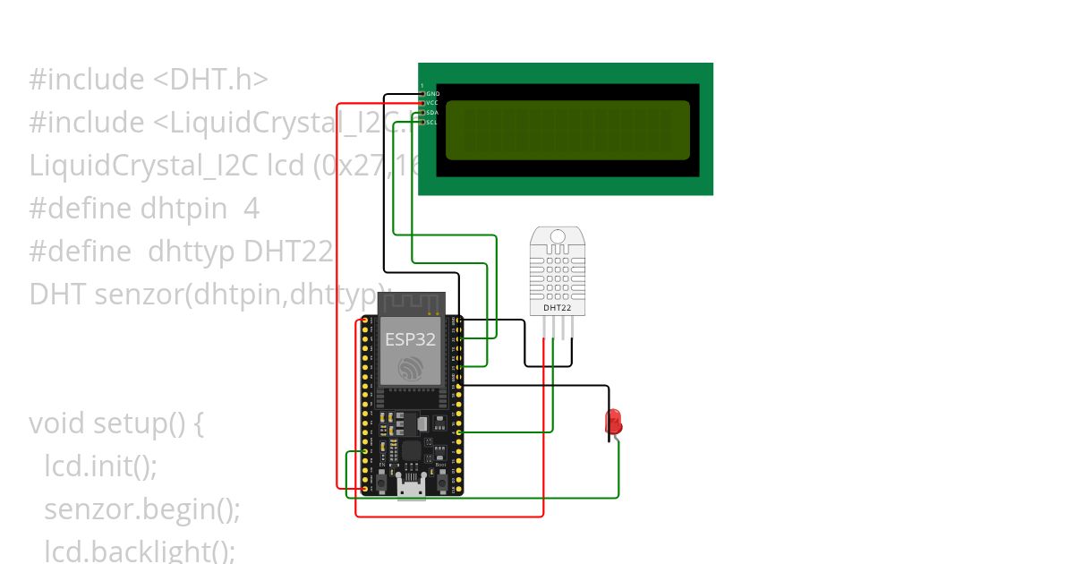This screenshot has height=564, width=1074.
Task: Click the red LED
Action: point(614,421)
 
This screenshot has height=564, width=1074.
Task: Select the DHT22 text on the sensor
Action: point(558,308)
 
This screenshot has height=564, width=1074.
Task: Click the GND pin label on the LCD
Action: point(433,93)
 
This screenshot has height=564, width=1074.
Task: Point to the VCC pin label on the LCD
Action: point(433,103)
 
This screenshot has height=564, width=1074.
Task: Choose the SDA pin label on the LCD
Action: point(433,113)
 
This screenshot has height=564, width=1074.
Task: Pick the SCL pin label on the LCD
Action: point(433,123)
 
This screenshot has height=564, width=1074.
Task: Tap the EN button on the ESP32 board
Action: point(381,483)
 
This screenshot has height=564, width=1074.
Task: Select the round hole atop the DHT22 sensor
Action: point(558,237)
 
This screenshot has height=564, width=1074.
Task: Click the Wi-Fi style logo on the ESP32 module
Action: point(412,367)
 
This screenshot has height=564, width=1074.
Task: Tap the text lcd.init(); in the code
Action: point(101,466)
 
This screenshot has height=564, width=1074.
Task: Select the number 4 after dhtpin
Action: point(251,209)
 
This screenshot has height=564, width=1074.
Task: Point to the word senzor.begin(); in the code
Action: point(142,509)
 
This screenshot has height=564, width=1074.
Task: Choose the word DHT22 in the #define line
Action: point(288,252)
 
